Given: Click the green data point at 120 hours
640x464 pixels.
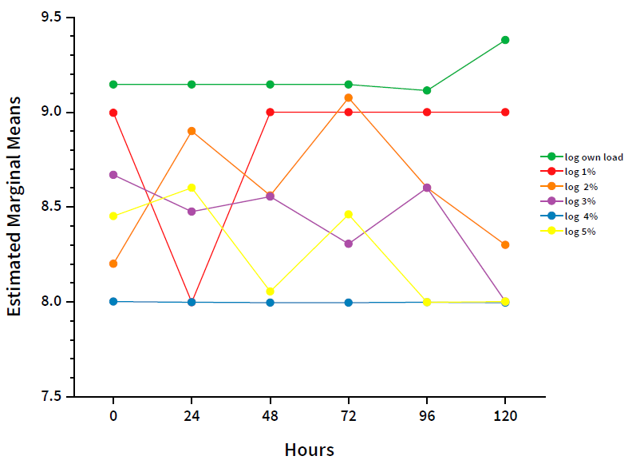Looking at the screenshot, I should [505, 40].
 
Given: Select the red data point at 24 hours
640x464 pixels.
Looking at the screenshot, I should [192, 301].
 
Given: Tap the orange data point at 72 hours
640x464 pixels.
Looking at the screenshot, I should [348, 97].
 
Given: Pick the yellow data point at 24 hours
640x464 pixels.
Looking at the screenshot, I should [192, 188].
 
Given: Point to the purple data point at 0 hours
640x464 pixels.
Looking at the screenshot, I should [113, 175].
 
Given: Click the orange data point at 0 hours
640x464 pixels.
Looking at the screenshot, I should [113, 264].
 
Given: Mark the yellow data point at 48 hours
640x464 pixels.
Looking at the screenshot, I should [270, 291].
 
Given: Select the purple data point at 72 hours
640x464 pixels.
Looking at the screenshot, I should [348, 244].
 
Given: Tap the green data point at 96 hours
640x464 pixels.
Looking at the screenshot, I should [427, 90].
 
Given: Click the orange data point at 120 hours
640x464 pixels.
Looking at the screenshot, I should [505, 244].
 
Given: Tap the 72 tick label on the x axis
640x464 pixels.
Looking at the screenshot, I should [348, 416].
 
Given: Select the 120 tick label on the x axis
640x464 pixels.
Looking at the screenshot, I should [505, 416].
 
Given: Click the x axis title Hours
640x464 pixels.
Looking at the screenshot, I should [309, 449].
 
